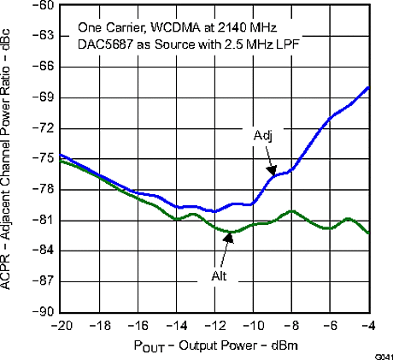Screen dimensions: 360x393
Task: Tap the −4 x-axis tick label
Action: pyautogui.click(x=368, y=326)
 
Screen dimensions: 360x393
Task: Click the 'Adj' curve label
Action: pyautogui.click(x=262, y=136)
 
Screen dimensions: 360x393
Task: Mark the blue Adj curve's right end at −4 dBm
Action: pyautogui.click(x=368, y=87)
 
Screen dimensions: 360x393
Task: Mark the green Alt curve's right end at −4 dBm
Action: pyautogui.click(x=368, y=233)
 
